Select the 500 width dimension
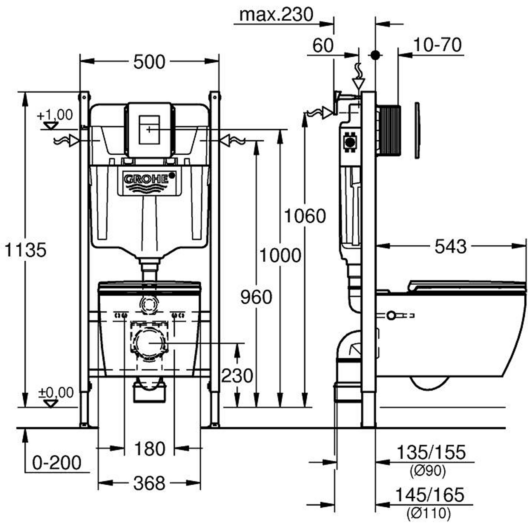[x=149, y=62]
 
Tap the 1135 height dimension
[x=26, y=250]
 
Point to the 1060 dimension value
[x=305, y=216]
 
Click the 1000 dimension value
[x=280, y=256]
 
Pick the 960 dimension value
[x=256, y=297]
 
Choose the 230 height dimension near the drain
[x=237, y=376]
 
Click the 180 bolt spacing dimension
[x=149, y=448]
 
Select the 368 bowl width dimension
[x=149, y=483]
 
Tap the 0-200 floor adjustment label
[x=57, y=463]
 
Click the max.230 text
[x=276, y=15]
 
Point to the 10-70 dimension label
[x=437, y=45]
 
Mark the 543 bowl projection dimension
[x=450, y=247]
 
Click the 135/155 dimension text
[x=430, y=453]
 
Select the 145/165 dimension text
[x=430, y=494]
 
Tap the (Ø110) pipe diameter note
[x=428, y=514]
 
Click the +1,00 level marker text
[x=54, y=115]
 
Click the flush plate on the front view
[x=148, y=130]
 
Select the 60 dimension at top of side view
[x=323, y=46]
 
